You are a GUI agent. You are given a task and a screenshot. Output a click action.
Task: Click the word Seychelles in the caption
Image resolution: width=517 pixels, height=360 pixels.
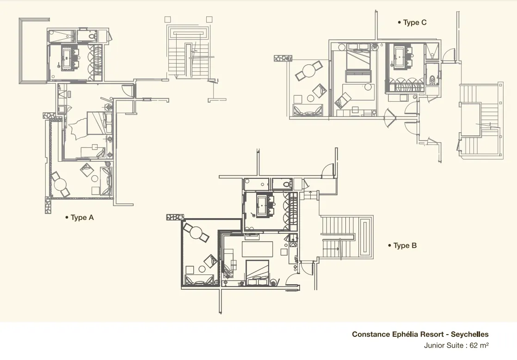tap(469, 334)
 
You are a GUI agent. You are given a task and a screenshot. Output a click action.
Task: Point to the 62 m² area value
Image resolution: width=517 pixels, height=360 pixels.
tap(479, 345)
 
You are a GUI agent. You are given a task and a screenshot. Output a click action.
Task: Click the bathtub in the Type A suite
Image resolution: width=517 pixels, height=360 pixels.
tap(67, 59)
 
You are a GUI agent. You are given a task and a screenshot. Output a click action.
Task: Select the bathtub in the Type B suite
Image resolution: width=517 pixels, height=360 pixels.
tap(262, 206)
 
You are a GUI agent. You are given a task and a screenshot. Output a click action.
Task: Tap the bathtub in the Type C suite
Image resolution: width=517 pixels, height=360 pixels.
tap(400, 57)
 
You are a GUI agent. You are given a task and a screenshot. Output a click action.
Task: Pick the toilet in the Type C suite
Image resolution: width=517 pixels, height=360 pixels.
tap(432, 79)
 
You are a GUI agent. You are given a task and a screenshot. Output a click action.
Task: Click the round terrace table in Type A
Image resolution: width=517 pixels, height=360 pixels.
tap(60, 184)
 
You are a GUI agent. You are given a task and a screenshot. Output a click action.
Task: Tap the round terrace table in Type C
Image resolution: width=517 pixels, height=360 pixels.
tap(309, 71)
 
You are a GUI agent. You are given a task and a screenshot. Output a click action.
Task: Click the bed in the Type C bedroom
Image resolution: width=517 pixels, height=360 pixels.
tap(358, 65)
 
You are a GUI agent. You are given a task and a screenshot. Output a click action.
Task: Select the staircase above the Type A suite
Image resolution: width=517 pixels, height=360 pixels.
tap(188, 52)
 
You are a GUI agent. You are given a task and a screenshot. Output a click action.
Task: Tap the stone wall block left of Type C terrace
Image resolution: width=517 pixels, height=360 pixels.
tap(283, 58)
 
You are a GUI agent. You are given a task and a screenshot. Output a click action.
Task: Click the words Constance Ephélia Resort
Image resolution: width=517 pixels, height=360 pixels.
tap(398, 334)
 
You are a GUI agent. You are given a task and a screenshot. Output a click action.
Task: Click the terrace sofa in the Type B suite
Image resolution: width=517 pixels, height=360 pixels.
tap(199, 280)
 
